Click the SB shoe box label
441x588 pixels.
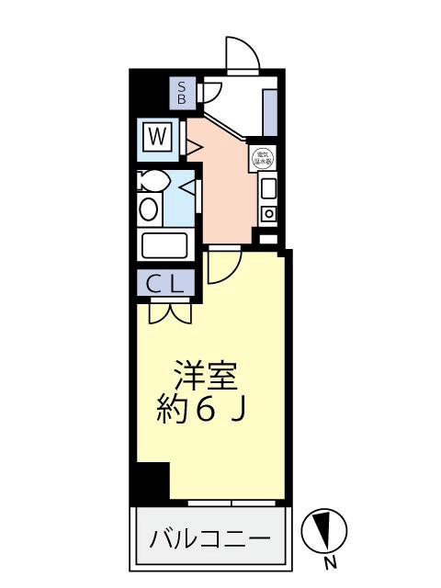[x=182, y=92]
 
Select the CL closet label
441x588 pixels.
[x=167, y=284]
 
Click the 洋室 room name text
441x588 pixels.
[x=207, y=377]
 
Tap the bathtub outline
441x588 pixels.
[x=164, y=245]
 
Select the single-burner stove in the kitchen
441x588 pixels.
[x=268, y=215]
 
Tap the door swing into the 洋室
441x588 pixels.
[x=223, y=266]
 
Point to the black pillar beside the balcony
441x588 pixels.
[x=153, y=481]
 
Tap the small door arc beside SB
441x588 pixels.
[x=209, y=92]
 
